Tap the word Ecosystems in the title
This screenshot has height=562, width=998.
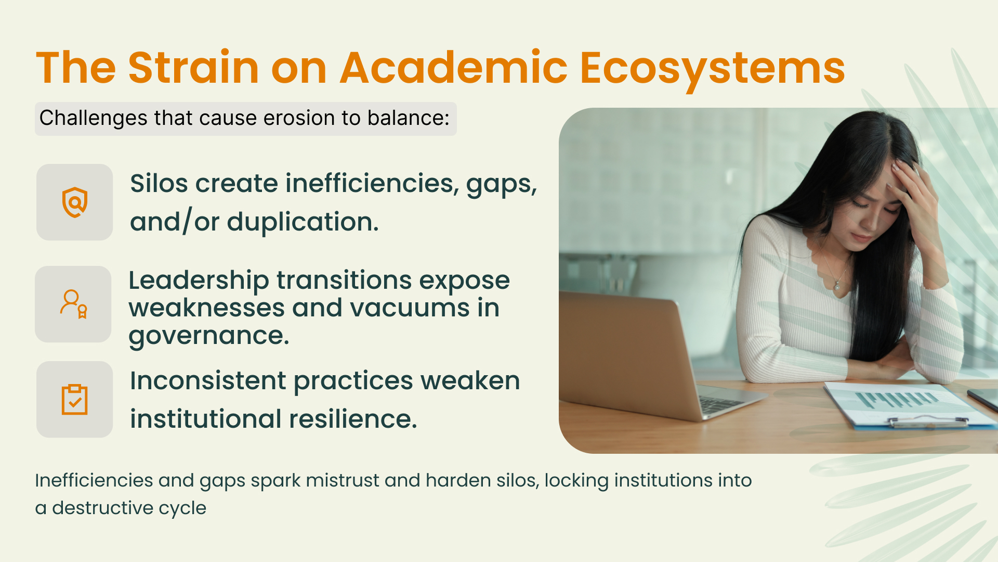712,70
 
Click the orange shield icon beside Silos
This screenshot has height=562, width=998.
75,202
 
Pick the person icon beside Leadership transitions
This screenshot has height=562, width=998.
74,304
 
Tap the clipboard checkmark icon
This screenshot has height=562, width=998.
74,400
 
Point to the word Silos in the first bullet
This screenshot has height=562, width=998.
159,184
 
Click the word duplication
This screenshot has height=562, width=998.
303,223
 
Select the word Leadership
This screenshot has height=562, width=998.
199,281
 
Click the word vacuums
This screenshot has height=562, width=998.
410,308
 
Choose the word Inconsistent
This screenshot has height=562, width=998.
208,380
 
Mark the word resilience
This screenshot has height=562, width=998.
353,419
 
